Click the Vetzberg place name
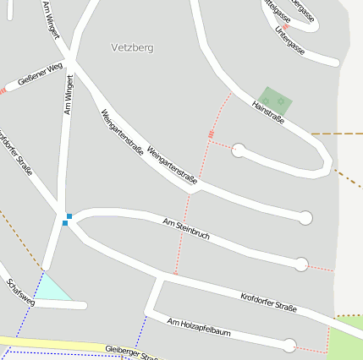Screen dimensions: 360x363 pos(132,48)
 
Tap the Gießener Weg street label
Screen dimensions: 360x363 pos(39,75)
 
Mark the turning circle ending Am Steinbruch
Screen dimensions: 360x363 pos(300,265)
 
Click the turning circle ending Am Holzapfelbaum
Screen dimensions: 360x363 pos(289,345)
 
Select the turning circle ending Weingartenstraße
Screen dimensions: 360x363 pos(305,217)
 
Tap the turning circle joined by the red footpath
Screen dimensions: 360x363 pos(239,150)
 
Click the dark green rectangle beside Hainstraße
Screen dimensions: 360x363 pos(275,101)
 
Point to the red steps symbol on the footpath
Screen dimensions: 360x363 pos(211,134)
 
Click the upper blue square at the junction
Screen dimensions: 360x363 pos(69,216)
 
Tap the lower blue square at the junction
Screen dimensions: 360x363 pos(64,223)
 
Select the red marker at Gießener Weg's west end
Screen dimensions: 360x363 pos(3,90)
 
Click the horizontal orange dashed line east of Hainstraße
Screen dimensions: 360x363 pos(337,134)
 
